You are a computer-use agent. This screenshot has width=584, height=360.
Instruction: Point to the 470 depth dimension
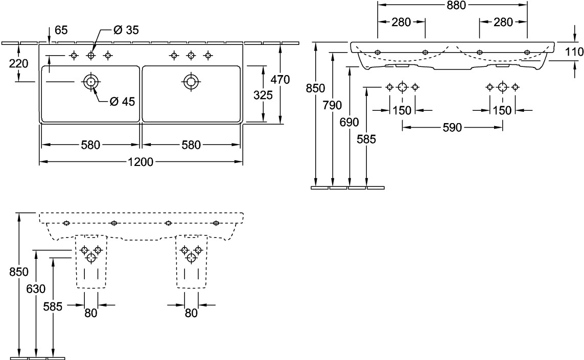click(280, 80)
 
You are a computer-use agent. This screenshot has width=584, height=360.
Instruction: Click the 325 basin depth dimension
click(263, 95)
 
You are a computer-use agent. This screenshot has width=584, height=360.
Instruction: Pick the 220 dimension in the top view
click(18, 63)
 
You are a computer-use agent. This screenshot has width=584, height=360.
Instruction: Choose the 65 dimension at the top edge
click(61, 31)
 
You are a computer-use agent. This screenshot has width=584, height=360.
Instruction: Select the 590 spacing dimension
click(452, 127)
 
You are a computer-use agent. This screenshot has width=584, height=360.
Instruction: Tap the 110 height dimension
click(574, 52)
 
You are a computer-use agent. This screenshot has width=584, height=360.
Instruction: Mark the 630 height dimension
click(35, 289)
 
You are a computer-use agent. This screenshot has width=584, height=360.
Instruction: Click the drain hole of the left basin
click(91, 81)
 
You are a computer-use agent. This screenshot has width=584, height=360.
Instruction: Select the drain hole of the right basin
click(191, 81)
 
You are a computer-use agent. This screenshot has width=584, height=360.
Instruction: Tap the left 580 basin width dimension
click(90, 145)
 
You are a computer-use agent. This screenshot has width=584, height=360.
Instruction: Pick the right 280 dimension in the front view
click(503, 22)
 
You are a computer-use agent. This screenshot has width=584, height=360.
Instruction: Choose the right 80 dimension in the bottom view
click(191, 313)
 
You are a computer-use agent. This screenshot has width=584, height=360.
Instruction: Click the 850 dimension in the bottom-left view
click(18, 272)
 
